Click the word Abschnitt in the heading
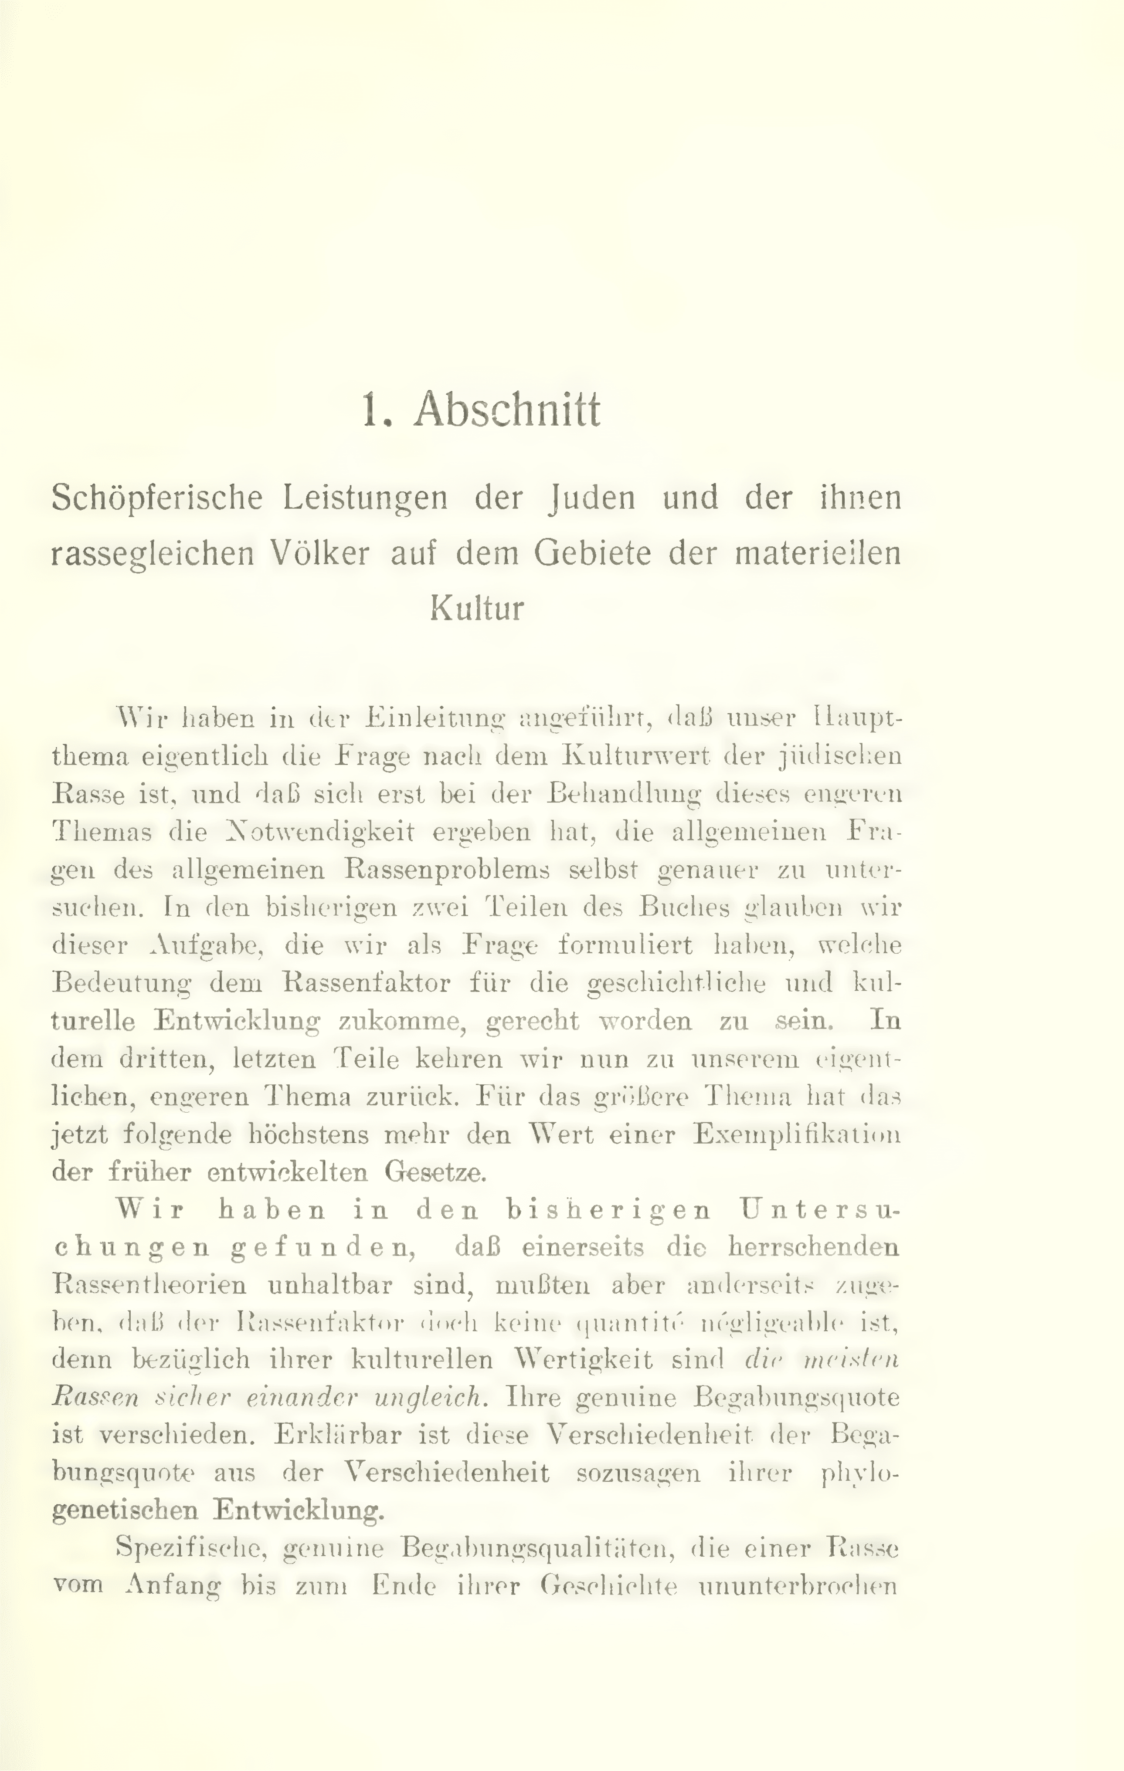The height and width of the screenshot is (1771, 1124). [507, 409]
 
